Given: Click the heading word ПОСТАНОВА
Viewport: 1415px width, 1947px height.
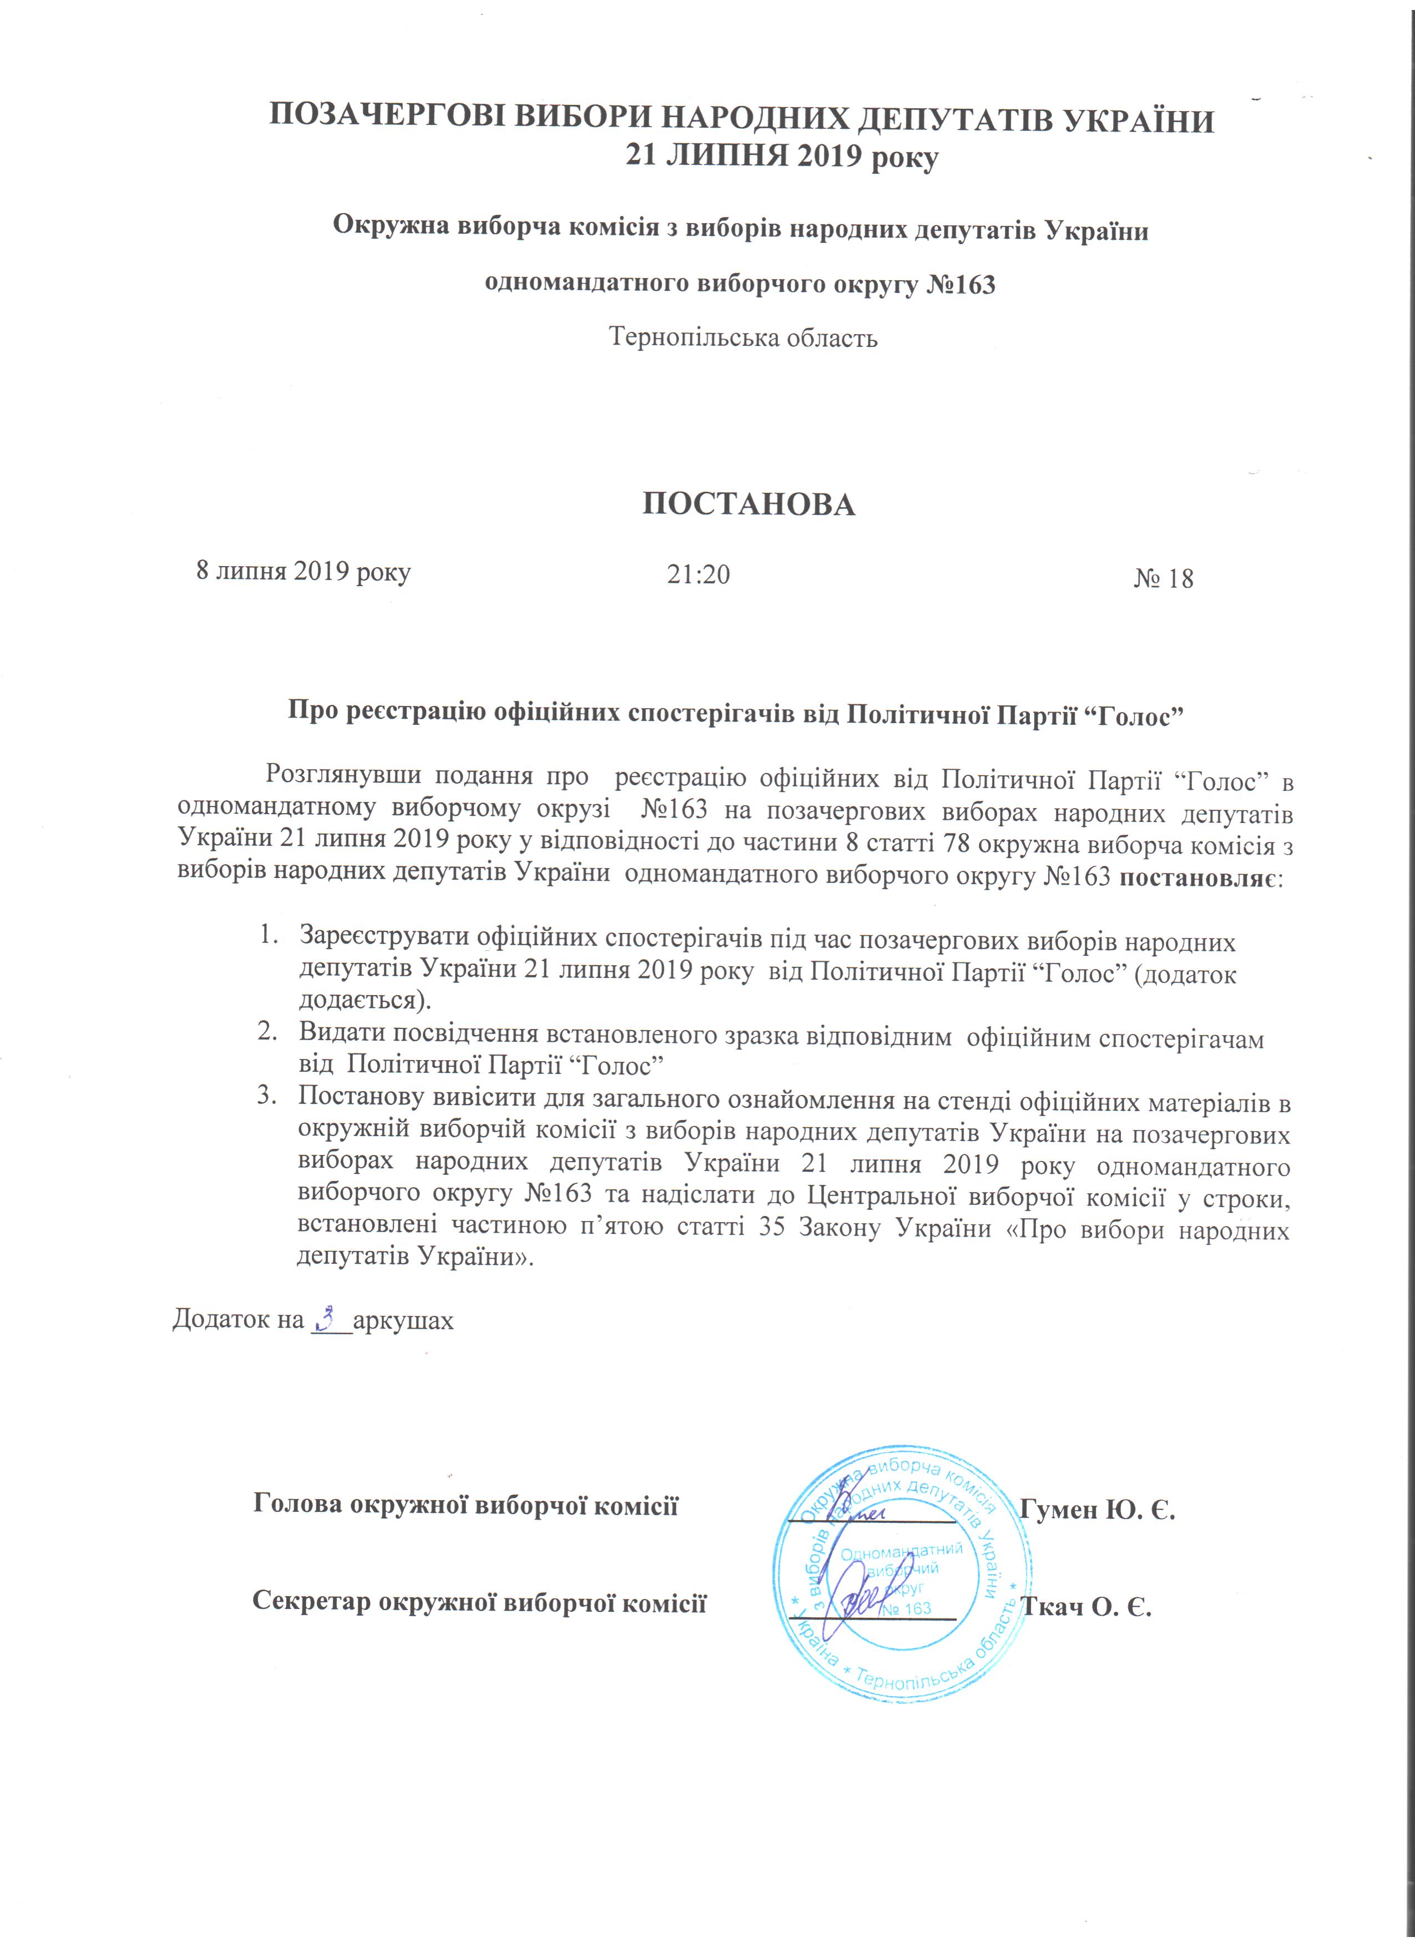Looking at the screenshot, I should (x=749, y=505).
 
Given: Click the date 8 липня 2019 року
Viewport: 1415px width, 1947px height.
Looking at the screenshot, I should (x=303, y=571).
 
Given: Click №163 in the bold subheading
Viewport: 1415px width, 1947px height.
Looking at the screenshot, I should (x=961, y=284).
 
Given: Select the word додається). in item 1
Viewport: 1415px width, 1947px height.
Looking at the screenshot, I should (x=365, y=1000).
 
